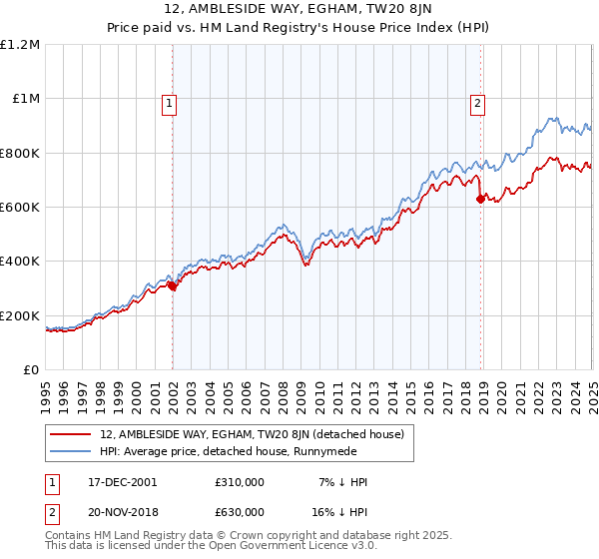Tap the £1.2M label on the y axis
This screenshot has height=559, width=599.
pyautogui.click(x=20, y=45)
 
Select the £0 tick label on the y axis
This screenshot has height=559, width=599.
pyautogui.click(x=31, y=369)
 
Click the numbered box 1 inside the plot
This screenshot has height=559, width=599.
pyautogui.click(x=170, y=103)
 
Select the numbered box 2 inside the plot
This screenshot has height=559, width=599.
pyautogui.click(x=478, y=103)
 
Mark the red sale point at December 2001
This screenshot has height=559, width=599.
pyautogui.click(x=172, y=285)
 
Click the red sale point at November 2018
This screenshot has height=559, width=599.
pyautogui.click(x=480, y=199)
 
